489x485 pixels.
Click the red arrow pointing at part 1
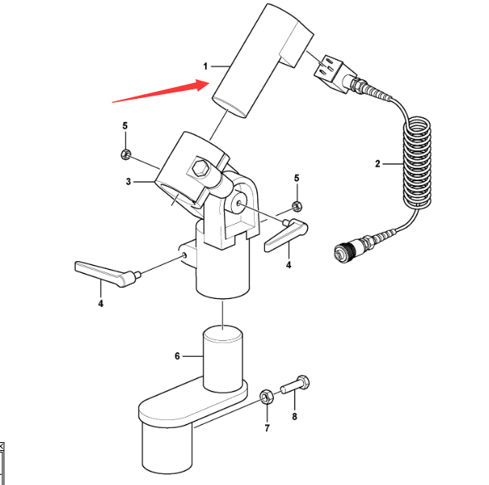[158, 90]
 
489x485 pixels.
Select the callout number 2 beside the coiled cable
[377, 164]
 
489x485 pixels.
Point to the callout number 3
[127, 182]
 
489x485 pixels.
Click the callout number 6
[177, 356]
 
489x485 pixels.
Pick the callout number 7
[267, 428]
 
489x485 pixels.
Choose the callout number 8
[295, 417]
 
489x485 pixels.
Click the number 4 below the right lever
[288, 265]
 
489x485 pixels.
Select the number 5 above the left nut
[124, 127]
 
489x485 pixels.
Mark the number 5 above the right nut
[297, 178]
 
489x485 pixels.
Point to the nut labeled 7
[266, 395]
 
